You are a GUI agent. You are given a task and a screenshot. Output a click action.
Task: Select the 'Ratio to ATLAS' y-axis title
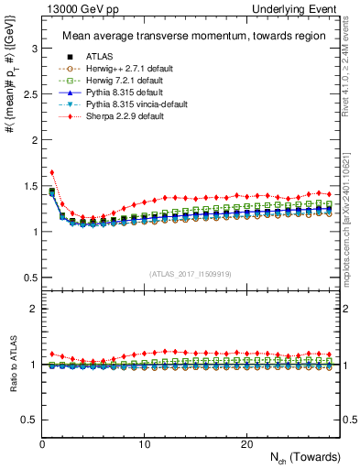pos(14,365)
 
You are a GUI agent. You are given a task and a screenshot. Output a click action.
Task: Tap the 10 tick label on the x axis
pos(144,444)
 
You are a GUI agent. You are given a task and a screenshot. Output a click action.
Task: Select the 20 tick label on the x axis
pos(246,444)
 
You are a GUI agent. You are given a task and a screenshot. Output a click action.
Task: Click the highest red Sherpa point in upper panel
pos(52,172)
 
